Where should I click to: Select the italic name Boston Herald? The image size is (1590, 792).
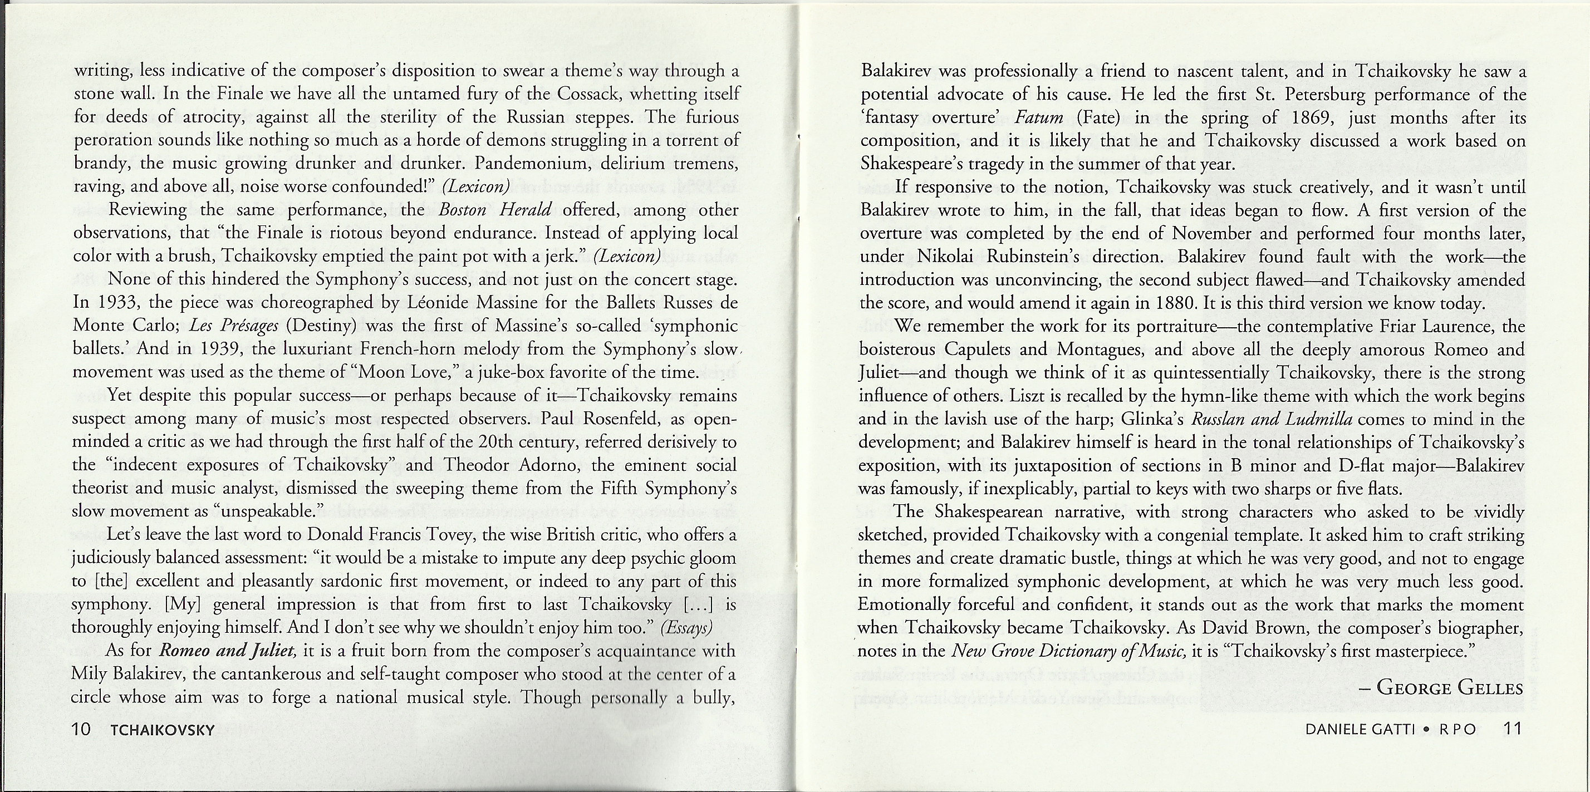(x=494, y=210)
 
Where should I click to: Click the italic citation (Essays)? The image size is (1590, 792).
(x=686, y=627)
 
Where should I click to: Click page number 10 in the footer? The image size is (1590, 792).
(x=81, y=729)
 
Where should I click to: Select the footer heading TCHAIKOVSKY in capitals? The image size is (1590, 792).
(x=163, y=730)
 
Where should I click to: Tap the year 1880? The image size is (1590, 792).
(x=1180, y=303)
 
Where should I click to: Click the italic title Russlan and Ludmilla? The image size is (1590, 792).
(x=1272, y=419)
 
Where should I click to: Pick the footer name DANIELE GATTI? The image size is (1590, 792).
(x=1360, y=729)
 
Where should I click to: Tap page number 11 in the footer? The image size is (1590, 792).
(x=1512, y=729)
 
